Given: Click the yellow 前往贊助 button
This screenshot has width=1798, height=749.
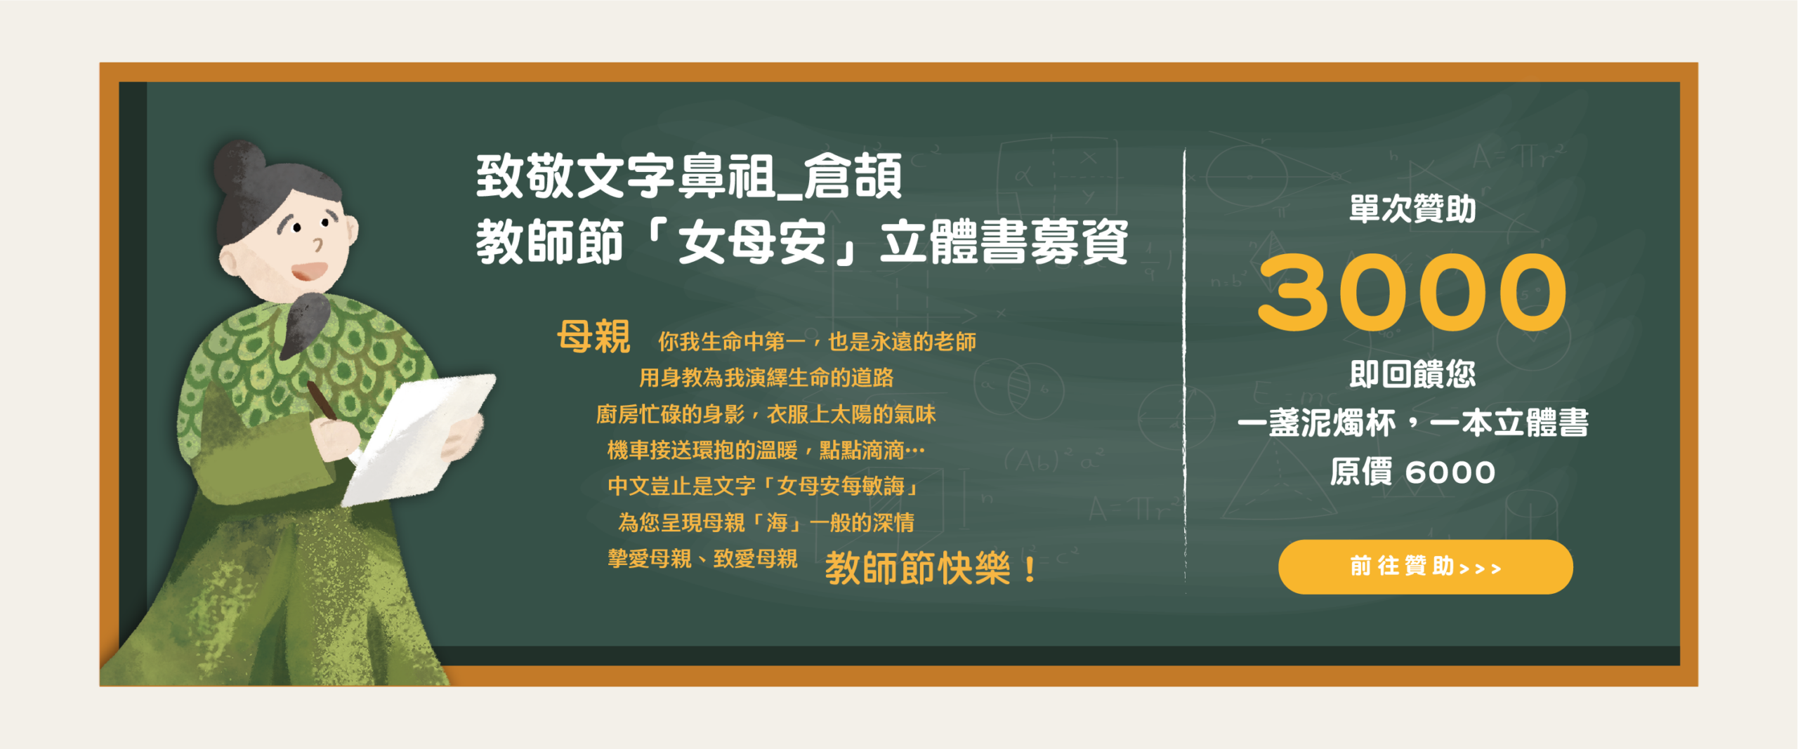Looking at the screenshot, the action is tap(1425, 566).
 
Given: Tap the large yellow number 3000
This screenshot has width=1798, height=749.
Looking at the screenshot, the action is tap(1412, 292).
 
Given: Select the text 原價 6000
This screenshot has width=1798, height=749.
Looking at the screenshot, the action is tap(1412, 472).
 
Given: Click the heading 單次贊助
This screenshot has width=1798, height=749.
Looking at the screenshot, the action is tap(1412, 208).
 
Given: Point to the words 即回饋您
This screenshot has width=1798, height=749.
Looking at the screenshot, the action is tap(1412, 373).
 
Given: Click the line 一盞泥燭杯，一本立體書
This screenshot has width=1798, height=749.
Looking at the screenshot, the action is tap(1412, 423).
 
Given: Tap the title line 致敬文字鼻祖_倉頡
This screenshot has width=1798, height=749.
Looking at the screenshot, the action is tap(689, 176).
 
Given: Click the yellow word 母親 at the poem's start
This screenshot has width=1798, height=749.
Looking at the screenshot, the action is tap(593, 336).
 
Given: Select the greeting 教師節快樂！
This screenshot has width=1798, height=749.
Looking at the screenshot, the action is tap(931, 568).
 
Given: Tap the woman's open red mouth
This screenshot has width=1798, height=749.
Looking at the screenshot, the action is tap(309, 271).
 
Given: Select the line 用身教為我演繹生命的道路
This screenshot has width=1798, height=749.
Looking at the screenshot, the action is tap(766, 378).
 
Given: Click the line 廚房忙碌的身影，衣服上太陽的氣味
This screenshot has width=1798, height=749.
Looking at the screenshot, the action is tap(766, 414).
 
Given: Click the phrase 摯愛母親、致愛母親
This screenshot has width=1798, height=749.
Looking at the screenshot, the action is tap(702, 559).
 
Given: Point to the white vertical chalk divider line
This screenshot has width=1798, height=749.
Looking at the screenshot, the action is tap(1185, 372).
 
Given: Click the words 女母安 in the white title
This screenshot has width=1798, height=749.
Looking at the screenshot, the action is tap(752, 242).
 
